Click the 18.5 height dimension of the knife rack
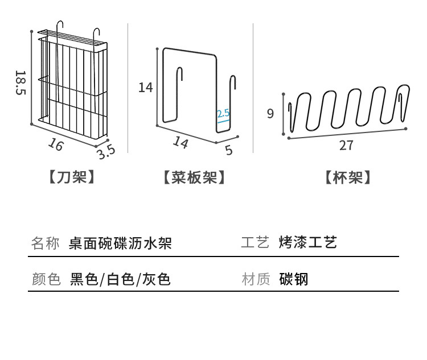[20, 83]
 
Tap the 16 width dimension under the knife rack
[55, 144]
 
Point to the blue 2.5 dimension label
[223, 113]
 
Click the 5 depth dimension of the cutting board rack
[229, 150]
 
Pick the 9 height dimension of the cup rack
[270, 113]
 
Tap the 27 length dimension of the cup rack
[346, 145]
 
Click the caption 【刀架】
[71, 177]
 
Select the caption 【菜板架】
[194, 177]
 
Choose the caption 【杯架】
[348, 177]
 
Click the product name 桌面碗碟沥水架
[120, 244]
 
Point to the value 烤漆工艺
[308, 243]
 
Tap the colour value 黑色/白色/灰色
[120, 279]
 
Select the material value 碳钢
[294, 279]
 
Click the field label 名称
[46, 244]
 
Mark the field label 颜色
[46, 279]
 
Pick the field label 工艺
[255, 243]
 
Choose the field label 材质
[255, 279]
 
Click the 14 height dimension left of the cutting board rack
[146, 87]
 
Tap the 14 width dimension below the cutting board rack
[180, 142]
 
